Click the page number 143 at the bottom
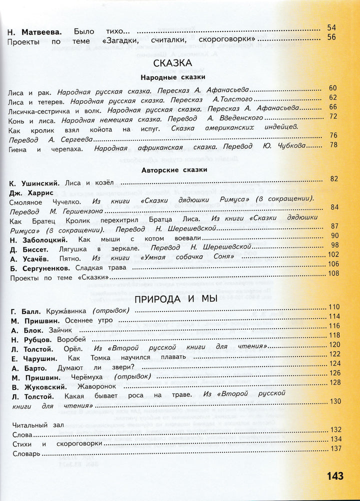(x=335, y=476)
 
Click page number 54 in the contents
(x=332, y=27)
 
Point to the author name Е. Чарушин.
(x=33, y=358)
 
